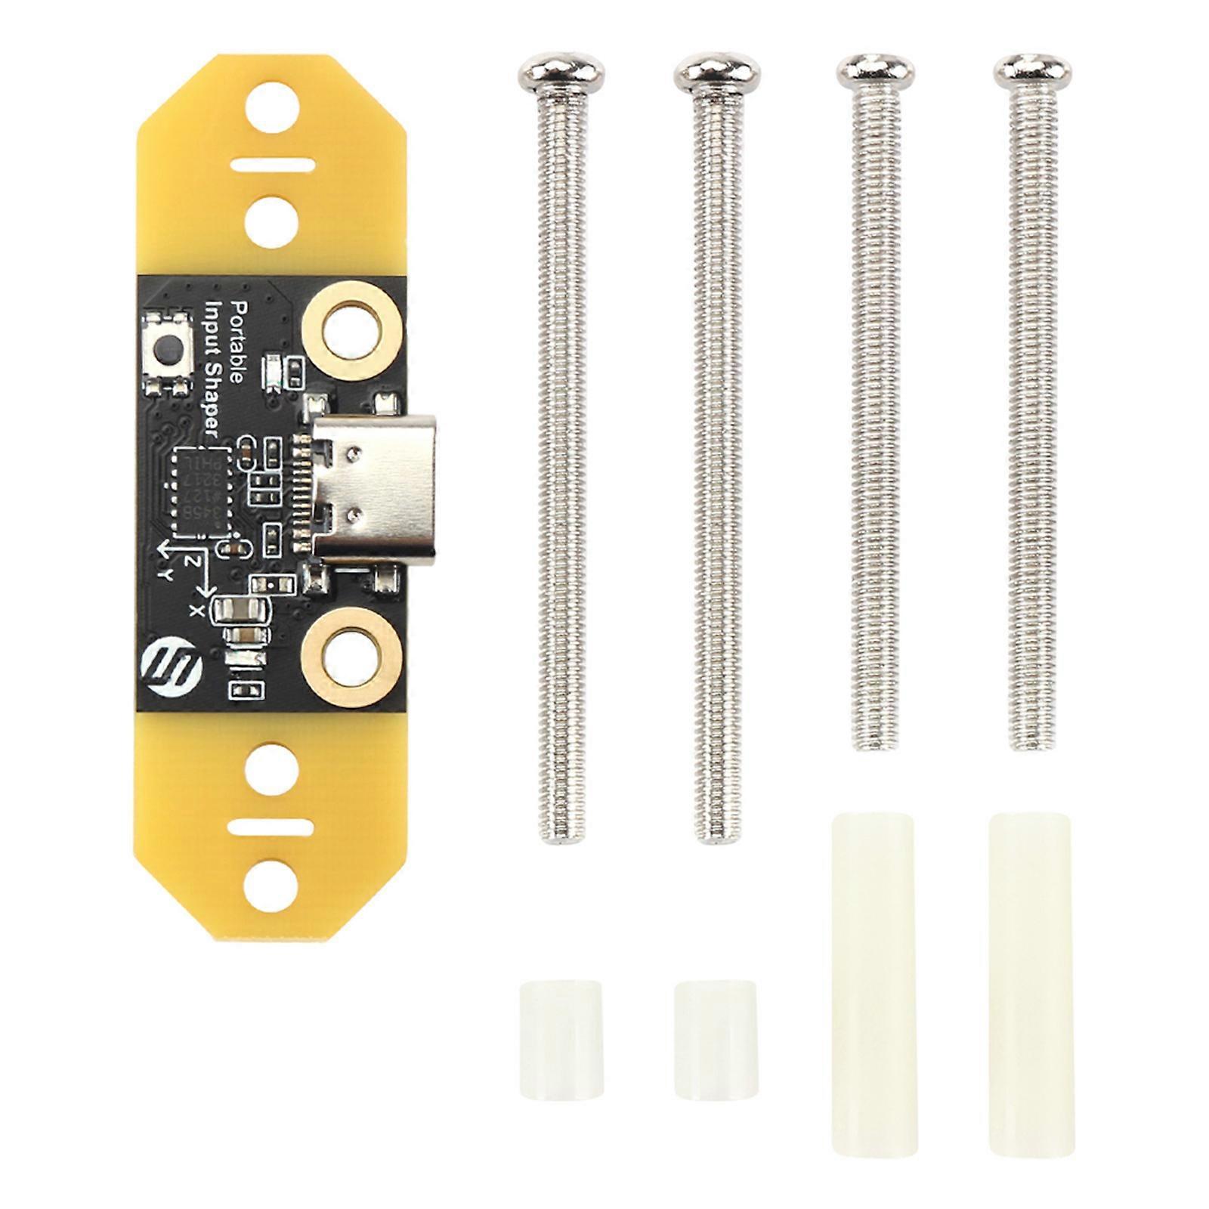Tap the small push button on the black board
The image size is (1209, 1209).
coord(169,349)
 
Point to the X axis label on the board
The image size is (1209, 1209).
coord(198,609)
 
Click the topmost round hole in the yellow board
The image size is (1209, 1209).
coord(271,107)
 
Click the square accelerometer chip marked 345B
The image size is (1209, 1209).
coord(200,491)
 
